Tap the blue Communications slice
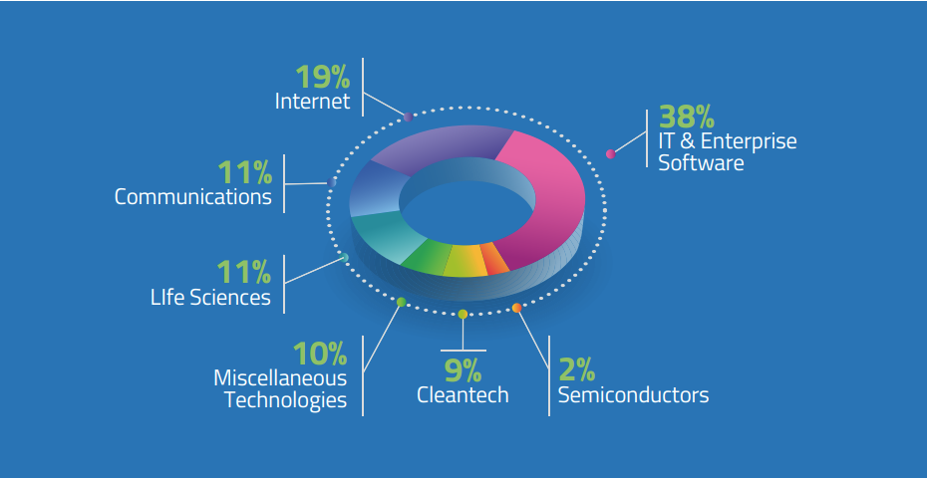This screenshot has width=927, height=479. point(376,189)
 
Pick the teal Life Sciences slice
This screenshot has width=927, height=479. point(387,236)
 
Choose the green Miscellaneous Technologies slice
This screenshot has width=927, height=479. point(427,259)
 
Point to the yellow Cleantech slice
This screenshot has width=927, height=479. point(465,261)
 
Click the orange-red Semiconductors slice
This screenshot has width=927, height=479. point(493,259)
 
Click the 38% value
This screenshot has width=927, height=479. point(687,117)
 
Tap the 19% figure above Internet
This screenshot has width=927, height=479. point(323,77)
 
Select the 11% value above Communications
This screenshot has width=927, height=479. point(245,172)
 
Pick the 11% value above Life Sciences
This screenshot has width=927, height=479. point(243,272)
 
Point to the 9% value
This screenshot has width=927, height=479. point(463,370)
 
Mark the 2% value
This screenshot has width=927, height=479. point(576,370)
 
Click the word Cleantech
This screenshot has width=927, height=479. point(463,395)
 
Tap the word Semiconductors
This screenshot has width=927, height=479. point(633,394)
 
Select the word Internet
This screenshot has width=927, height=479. point(313,101)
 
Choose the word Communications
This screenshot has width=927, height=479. point(193,197)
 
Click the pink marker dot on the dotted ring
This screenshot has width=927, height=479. point(611,154)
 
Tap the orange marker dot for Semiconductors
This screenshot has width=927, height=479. point(516,308)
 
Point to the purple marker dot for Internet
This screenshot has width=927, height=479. point(408,117)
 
